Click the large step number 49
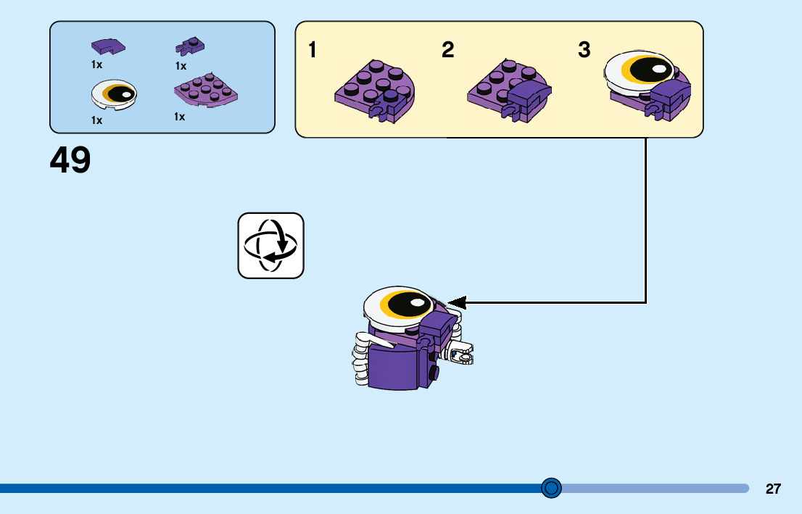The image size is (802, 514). [70, 160]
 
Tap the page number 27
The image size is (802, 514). [773, 489]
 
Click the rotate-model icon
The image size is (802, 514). [270, 245]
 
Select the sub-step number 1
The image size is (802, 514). [313, 51]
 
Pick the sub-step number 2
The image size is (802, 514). [447, 51]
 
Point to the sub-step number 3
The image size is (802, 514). [584, 51]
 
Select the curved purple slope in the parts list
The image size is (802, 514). [107, 47]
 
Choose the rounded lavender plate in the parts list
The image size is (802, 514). [207, 91]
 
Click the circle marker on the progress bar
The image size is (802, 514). [552, 488]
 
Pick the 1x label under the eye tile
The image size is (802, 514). [96, 120]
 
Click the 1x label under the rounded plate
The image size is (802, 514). [179, 117]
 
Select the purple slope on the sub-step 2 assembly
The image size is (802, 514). [529, 94]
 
